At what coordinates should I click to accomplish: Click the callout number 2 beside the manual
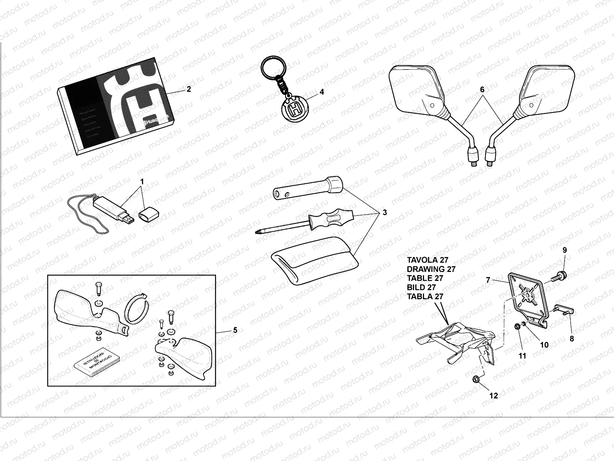[x=188, y=89]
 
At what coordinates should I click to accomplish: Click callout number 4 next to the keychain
[x=322, y=92]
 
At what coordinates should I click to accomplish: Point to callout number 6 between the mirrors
[x=482, y=90]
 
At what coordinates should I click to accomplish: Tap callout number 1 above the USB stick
[x=142, y=181]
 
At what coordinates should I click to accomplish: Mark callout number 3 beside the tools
[x=385, y=212]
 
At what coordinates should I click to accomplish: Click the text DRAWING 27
[x=431, y=269]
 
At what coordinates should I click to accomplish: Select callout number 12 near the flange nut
[x=494, y=395]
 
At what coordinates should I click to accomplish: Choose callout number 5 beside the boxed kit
[x=235, y=330]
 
